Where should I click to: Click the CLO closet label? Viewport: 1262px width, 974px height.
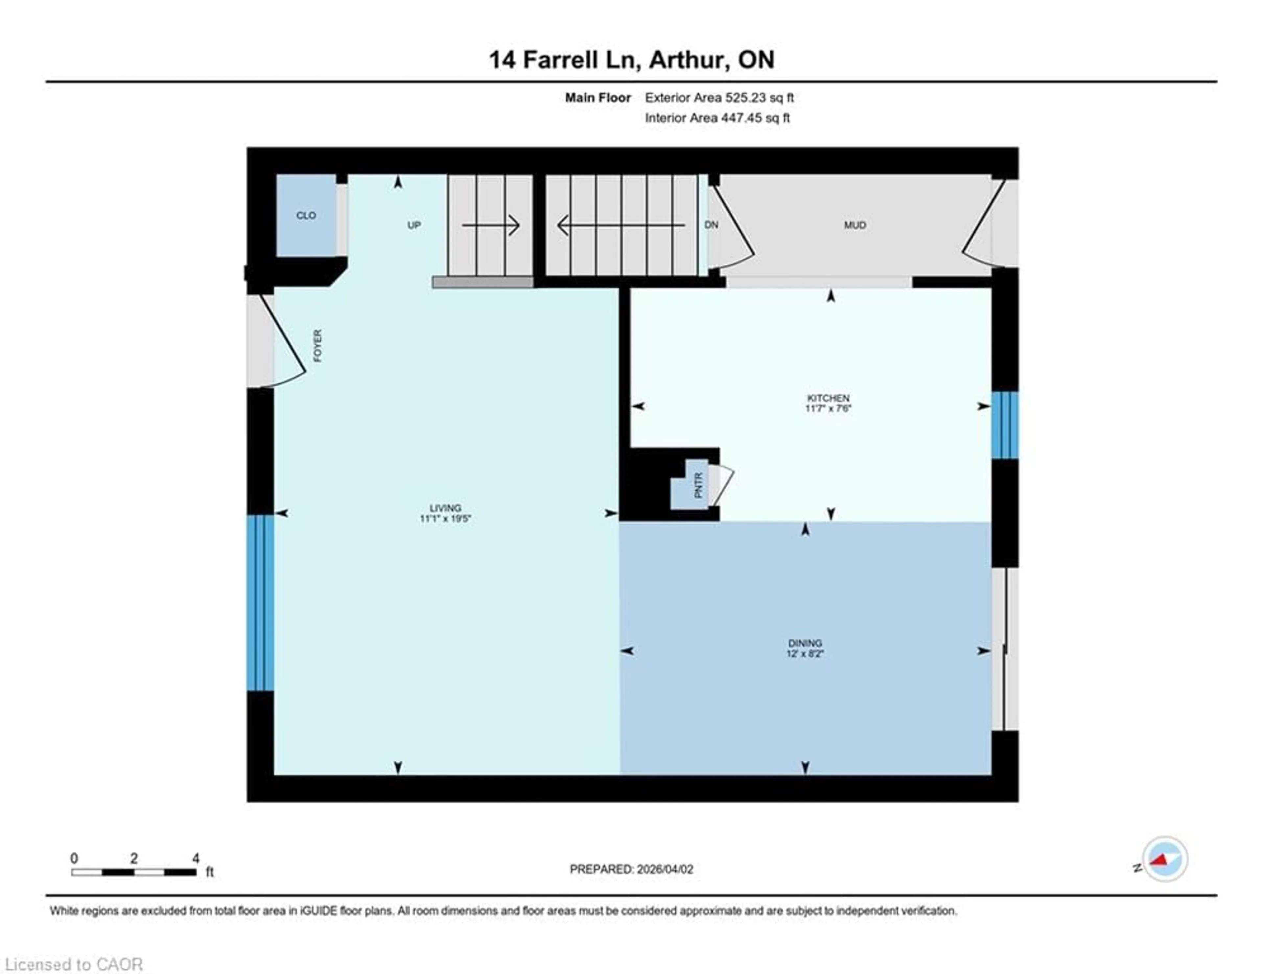click(306, 216)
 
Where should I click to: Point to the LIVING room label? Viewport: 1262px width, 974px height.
click(445, 508)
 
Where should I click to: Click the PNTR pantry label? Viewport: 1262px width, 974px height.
click(698, 485)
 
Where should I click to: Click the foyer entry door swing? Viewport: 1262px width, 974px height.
click(283, 341)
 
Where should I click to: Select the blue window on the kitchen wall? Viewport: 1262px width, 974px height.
click(1005, 425)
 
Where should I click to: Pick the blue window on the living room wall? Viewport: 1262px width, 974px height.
click(260, 603)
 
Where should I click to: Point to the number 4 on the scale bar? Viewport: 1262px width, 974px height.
click(196, 858)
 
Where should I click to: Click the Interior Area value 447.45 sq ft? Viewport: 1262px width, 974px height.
click(755, 118)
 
